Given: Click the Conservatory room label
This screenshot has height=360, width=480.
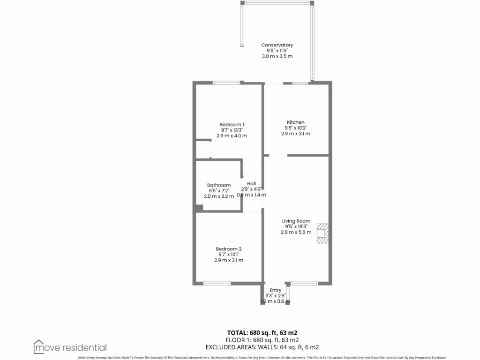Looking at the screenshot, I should [x=277, y=45].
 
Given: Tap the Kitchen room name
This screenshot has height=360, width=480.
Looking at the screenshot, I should [x=295, y=122].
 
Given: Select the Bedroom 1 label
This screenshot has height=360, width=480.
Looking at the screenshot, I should [x=232, y=124].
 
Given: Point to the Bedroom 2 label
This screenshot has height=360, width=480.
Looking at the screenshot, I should [x=229, y=249].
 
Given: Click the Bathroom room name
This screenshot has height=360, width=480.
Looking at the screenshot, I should [x=219, y=185].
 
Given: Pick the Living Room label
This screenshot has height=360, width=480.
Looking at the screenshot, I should [x=296, y=221].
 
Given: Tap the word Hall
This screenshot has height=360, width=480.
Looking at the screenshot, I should [x=252, y=184].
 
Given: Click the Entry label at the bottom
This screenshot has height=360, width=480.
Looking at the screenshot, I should [x=276, y=291].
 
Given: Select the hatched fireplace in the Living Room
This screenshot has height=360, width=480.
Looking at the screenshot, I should [x=322, y=233].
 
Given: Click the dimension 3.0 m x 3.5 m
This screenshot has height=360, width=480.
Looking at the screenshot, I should [x=277, y=56].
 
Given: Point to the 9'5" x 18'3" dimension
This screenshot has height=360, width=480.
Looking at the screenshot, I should [x=296, y=226].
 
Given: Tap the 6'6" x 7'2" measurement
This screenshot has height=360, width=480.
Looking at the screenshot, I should [x=219, y=191].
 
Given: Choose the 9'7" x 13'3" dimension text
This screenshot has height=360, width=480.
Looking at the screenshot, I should [x=232, y=130].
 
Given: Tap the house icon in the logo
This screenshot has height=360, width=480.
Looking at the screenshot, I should [x=39, y=346].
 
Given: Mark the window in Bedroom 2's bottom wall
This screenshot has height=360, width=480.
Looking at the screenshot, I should [x=217, y=283].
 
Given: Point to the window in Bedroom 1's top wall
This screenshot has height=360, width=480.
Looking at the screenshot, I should [x=226, y=83].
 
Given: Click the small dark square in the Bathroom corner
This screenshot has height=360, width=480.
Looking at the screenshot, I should [x=199, y=209].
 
